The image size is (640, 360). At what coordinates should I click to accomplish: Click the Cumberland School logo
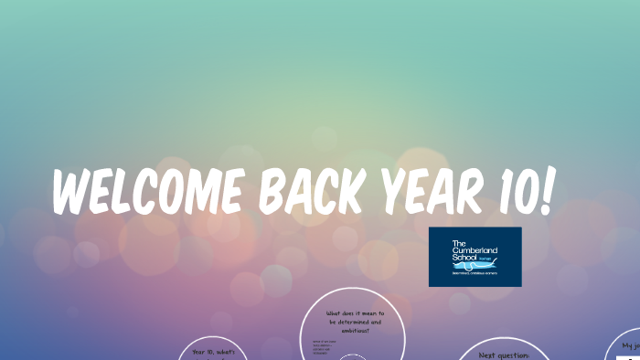tap(475, 257)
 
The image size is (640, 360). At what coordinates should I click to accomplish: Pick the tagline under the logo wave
tap(475, 272)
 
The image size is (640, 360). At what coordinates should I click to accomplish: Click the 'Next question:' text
tap(504, 354)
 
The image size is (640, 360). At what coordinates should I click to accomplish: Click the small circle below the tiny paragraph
tap(352, 357)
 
